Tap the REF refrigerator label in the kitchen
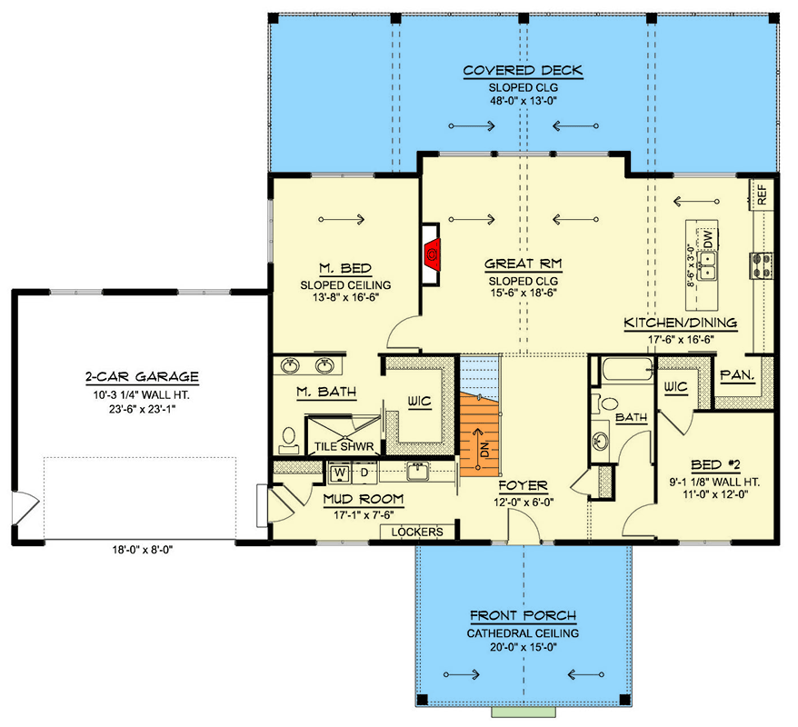coord(762,194)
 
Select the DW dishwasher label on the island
coord(707,239)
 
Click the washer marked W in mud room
coord(339,473)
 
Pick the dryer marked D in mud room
coord(364,473)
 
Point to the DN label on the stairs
coord(485,450)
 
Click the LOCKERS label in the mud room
coord(417,532)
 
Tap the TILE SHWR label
coord(344,447)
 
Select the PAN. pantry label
coord(737,375)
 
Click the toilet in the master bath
coord(288,441)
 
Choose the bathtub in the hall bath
coord(627,369)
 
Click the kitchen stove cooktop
coord(762,266)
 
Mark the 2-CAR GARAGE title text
coord(142,376)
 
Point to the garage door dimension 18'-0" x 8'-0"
coord(143,550)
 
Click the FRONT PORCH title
coord(524,615)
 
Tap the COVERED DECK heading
coord(524,70)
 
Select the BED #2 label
coord(715,464)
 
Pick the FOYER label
coord(524,486)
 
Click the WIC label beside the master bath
coord(419,402)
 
